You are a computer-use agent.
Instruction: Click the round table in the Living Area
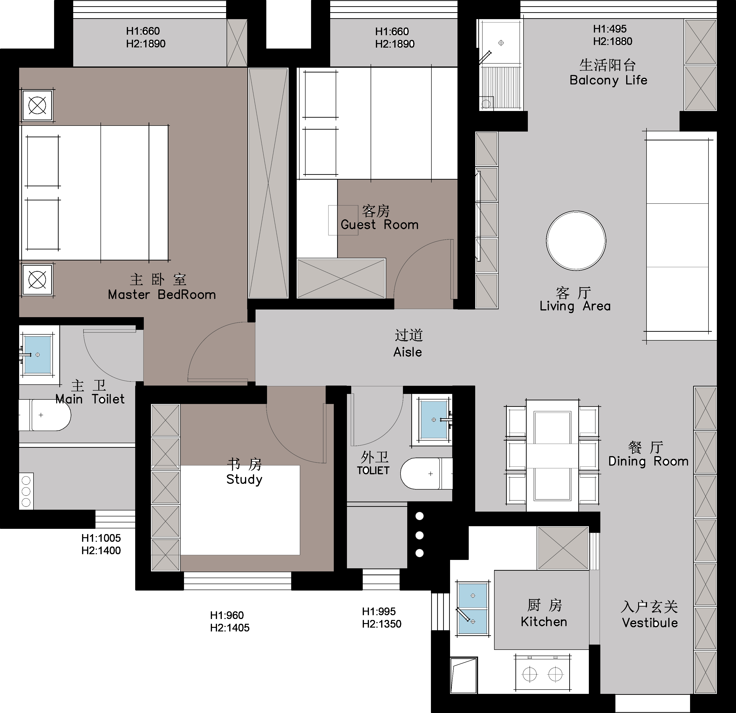(576, 241)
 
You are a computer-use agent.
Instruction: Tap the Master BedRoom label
(162, 295)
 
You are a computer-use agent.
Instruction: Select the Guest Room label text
(379, 225)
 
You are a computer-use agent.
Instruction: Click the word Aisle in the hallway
(407, 352)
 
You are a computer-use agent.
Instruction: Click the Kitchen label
(544, 622)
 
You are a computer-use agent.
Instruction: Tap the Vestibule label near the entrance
(650, 623)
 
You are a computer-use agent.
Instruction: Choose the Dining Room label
(648, 461)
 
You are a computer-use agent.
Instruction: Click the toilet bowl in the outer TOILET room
(426, 473)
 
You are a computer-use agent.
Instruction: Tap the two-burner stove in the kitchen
(543, 674)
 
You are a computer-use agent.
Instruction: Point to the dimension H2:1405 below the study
(230, 628)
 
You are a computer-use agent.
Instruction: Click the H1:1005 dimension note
(101, 538)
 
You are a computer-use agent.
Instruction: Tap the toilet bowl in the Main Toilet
(45, 415)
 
